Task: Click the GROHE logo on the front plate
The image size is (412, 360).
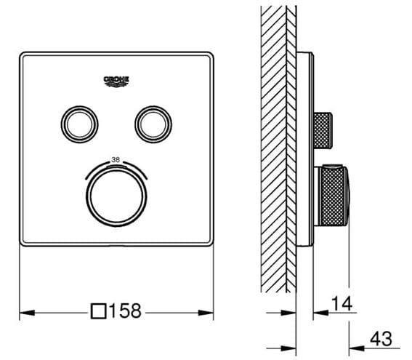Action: coord(117,81)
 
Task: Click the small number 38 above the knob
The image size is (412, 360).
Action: coord(116,159)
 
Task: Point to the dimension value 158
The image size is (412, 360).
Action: coord(125,311)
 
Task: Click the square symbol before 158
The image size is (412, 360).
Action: coord(99,311)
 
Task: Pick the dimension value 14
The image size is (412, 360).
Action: coord(342,303)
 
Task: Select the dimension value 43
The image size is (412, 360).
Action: coord(381,339)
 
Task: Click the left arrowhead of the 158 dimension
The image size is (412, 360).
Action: coord(27,313)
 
